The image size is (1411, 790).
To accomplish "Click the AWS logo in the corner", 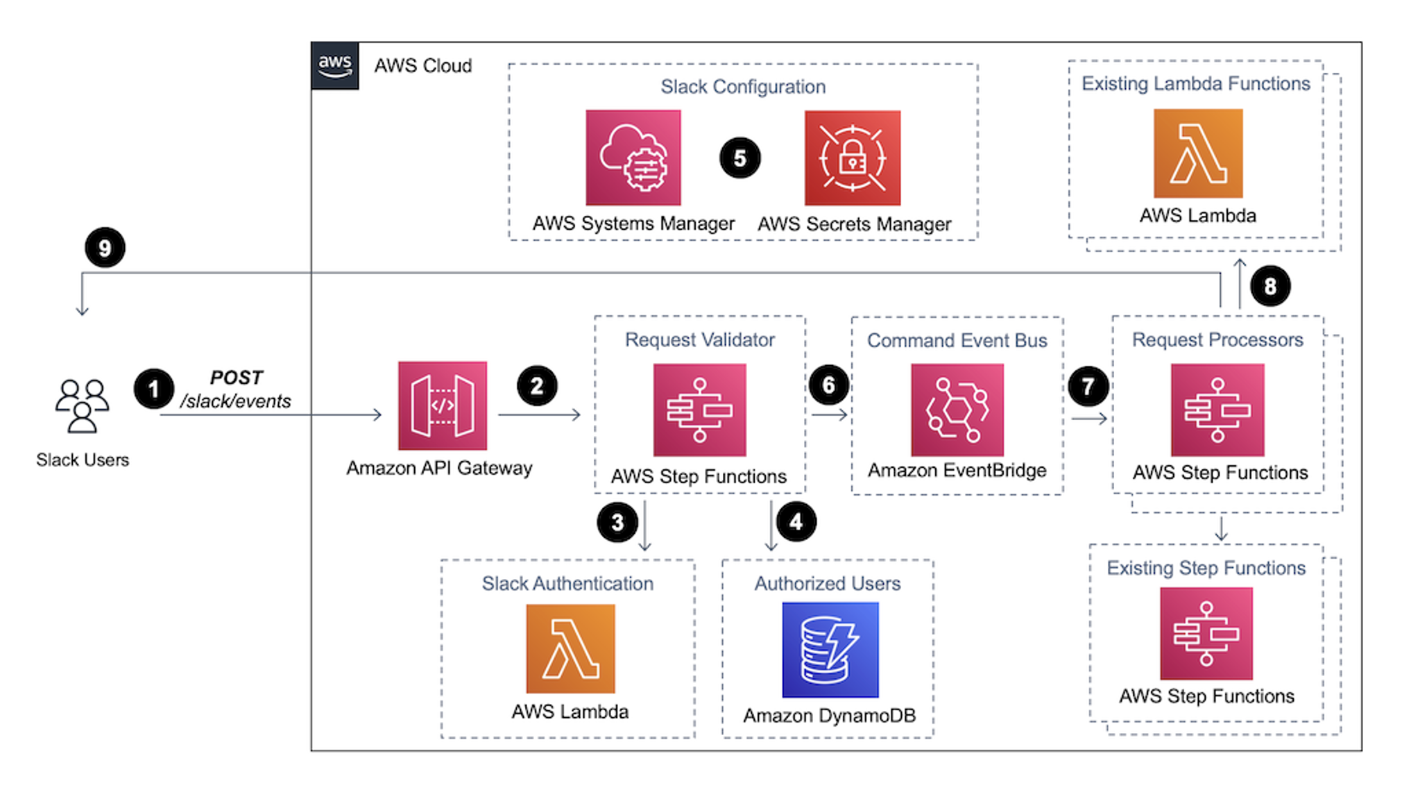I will coord(335,66).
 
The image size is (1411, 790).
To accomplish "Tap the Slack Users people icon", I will coord(82,406).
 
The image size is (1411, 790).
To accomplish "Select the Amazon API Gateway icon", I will coord(443,405).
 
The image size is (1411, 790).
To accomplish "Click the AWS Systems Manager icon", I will coord(633,158).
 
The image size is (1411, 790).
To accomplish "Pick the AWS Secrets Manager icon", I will coord(853,158).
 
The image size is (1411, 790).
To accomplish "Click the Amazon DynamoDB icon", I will coord(830,649).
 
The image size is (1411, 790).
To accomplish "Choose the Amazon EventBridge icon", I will coord(957,410).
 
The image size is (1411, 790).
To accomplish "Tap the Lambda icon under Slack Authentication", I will coord(570,648).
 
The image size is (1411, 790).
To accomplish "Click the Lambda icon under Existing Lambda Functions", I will coord(1198,153).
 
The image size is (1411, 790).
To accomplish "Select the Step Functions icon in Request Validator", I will coord(699,410).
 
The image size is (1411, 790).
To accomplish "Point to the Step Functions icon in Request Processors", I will coord(1217,410).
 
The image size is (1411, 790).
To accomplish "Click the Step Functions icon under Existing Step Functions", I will coord(1206,633).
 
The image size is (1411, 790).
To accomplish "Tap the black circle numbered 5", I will coord(739,158).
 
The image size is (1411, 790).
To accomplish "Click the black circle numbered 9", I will coord(105,248).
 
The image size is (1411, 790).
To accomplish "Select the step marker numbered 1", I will coord(153,389).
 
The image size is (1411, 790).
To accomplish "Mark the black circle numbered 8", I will coord(1270,286).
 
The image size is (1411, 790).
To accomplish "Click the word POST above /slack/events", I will coord(236,378).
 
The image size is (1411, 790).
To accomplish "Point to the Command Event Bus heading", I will coord(957,340).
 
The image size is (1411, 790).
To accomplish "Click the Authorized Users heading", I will coord(827,583).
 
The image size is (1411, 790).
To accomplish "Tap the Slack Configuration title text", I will coord(742,87).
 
